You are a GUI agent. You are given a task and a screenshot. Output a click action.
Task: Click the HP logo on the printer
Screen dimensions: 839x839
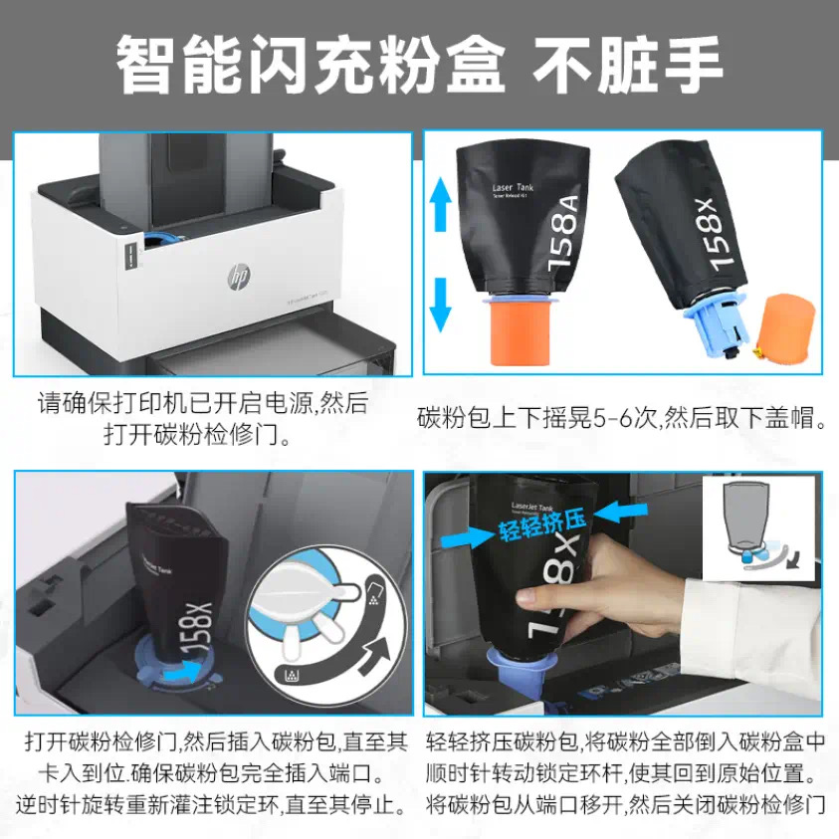pos(238,274)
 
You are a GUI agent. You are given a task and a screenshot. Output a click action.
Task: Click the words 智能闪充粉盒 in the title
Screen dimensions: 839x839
pos(309,64)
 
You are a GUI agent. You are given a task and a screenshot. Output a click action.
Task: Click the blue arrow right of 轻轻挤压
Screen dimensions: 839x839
pos(609,514)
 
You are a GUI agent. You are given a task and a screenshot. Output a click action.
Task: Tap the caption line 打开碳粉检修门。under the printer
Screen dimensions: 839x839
pos(203,434)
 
